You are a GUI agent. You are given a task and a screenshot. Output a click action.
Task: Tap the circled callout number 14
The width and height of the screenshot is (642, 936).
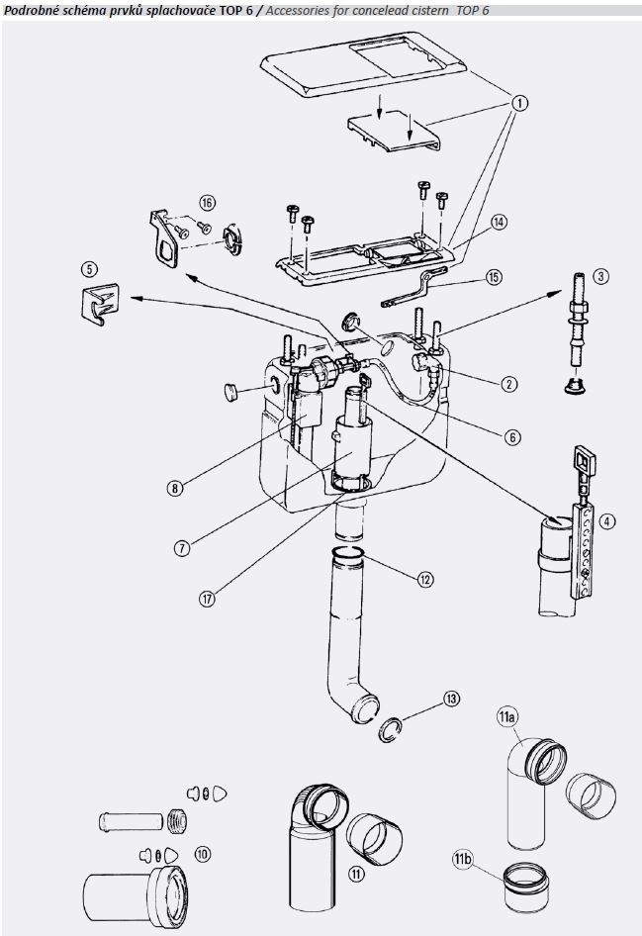[x=499, y=223]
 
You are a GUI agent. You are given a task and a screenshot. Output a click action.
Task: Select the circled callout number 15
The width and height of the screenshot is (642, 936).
[x=493, y=277]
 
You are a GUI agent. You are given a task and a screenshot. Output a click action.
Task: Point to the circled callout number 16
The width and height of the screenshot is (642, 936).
[x=206, y=202]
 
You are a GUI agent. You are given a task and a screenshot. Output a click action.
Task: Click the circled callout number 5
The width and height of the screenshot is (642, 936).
[x=89, y=268]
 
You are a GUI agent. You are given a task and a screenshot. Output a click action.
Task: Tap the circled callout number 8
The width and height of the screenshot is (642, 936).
[x=174, y=487]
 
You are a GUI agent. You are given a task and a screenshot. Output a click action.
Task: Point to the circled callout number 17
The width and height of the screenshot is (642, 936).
[x=208, y=599]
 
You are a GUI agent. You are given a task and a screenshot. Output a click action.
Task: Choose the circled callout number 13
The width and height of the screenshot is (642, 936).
[x=452, y=699]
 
